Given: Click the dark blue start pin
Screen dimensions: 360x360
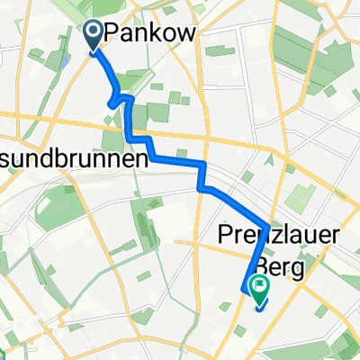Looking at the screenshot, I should pyautogui.click(x=94, y=34).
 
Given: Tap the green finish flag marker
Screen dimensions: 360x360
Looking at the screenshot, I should pyautogui.click(x=261, y=288).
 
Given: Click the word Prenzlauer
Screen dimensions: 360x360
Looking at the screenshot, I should pyautogui.click(x=279, y=236).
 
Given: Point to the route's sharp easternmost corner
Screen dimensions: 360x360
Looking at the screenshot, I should pyautogui.click(x=267, y=225).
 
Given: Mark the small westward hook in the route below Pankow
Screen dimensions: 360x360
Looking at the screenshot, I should pyautogui.click(x=111, y=103).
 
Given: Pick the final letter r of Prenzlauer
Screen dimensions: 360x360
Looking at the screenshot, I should pyautogui.click(x=335, y=236).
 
